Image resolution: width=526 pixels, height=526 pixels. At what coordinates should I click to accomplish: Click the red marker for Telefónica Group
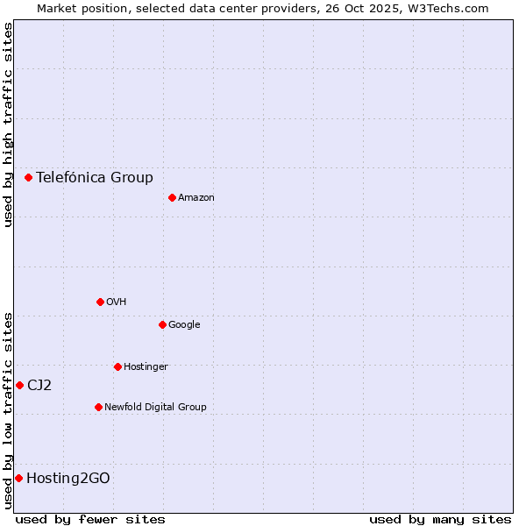click(x=28, y=177)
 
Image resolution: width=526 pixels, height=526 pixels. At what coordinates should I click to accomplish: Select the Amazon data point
click(x=172, y=197)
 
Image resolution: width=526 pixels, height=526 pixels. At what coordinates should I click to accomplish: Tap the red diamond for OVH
click(x=100, y=302)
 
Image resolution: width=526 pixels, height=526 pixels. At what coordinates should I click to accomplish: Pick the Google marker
click(x=162, y=324)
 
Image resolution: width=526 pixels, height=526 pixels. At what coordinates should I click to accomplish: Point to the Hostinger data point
click(x=117, y=366)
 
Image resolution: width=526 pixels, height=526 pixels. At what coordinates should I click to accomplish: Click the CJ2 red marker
click(x=19, y=385)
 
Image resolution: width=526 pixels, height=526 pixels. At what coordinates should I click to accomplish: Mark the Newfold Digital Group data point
click(x=98, y=407)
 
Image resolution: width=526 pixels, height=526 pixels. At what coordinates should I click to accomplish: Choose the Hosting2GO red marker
click(x=18, y=478)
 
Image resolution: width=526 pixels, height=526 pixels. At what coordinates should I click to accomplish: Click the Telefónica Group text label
click(x=95, y=177)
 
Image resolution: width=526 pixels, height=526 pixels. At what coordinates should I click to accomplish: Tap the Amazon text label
click(x=196, y=197)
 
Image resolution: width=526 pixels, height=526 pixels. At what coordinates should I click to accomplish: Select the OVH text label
click(x=117, y=302)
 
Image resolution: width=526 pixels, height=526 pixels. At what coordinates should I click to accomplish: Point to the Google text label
click(x=184, y=324)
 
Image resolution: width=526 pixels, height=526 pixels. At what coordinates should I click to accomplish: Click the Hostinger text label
click(x=146, y=366)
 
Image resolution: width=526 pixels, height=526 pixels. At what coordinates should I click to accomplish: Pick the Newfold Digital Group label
click(x=155, y=407)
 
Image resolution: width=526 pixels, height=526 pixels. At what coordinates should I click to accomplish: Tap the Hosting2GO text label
click(x=68, y=478)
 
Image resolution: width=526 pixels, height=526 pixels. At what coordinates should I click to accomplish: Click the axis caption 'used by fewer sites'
click(x=90, y=519)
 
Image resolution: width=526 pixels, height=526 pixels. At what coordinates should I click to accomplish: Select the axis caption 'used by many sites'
click(x=440, y=519)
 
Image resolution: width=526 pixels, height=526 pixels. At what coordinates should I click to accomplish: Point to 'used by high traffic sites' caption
click(x=8, y=125)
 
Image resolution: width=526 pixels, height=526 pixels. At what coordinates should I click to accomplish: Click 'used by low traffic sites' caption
click(x=8, y=410)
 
